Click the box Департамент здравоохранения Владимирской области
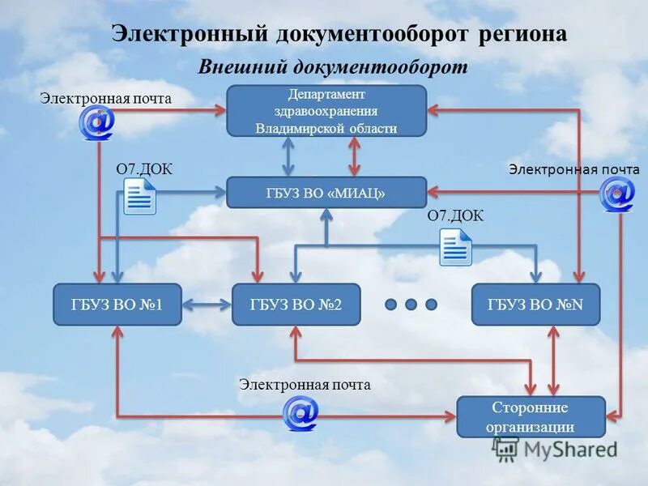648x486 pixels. coord(326,110)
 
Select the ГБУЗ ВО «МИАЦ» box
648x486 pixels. coord(326,193)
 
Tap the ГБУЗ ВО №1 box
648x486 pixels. coord(117,305)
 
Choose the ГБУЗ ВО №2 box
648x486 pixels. coord(296,305)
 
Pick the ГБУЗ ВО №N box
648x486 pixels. coord(535,305)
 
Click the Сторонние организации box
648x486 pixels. coord(531,417)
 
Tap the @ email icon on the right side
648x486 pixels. coord(616,194)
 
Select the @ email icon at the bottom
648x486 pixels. coord(300,413)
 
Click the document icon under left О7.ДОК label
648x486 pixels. coord(139,197)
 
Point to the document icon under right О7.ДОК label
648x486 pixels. coord(455,246)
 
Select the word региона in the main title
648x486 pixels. coord(521,34)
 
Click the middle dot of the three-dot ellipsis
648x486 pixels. coord(411,305)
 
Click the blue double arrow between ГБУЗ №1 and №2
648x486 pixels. coord(207,305)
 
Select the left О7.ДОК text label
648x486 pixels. coord(144,169)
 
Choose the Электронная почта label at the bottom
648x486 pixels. coord(305,385)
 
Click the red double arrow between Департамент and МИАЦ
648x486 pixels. coord(354,156)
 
